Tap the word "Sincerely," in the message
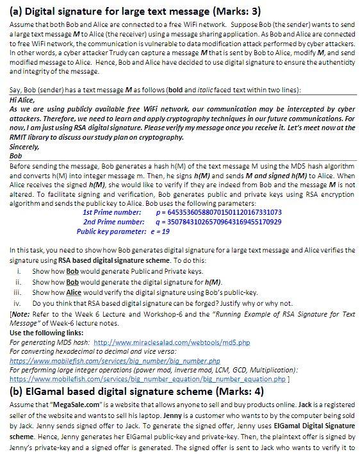click(x=24, y=146)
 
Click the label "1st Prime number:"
click(x=112, y=211)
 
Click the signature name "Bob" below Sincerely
click(x=17, y=155)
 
